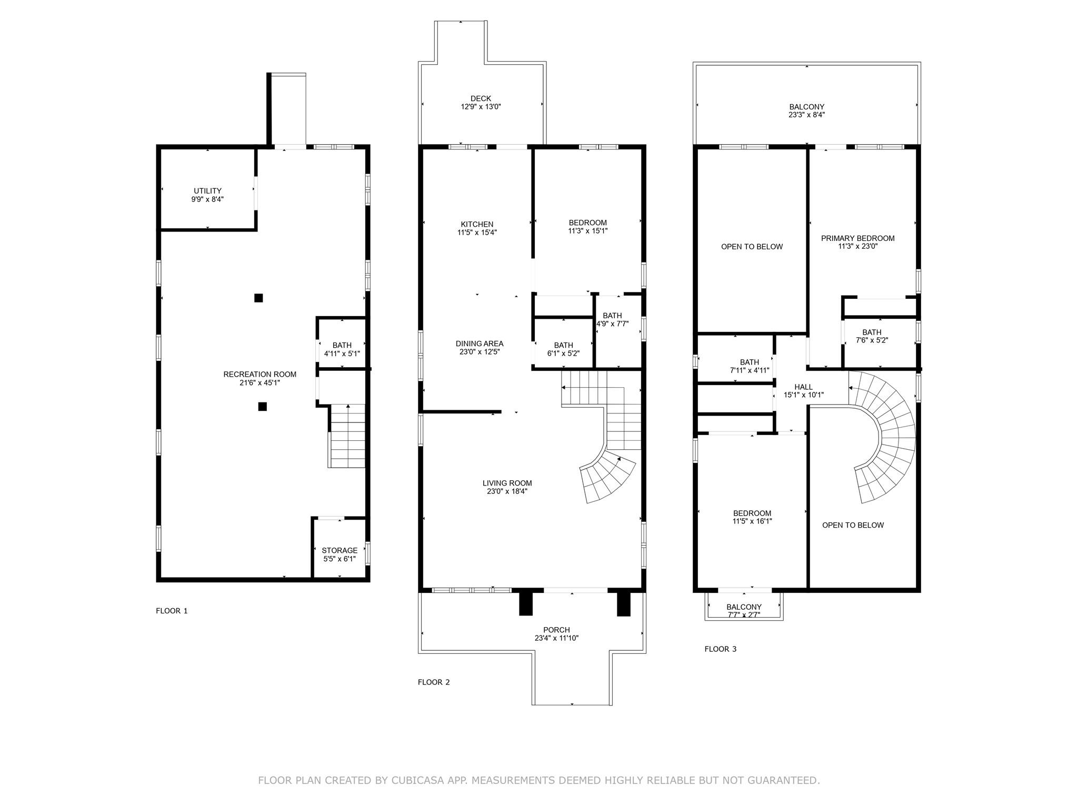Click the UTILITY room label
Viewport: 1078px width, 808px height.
coord(207,191)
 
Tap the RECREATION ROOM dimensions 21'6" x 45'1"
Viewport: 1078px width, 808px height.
coord(259,383)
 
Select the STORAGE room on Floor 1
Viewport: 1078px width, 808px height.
coord(340,550)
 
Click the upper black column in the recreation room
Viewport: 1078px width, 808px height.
coord(258,298)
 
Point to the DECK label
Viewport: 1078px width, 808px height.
coord(481,98)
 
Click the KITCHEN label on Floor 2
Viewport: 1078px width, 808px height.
coord(477,224)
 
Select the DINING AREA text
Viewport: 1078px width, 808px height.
coord(479,344)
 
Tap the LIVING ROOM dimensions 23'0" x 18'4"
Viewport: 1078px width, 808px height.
coord(507,491)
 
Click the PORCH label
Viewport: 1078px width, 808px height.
coord(556,630)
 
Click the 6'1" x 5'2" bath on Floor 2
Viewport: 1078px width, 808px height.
coord(563,349)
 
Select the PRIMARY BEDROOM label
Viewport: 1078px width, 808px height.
coord(857,238)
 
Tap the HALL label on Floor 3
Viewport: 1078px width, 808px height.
coord(803,387)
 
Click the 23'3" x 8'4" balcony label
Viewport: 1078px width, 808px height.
coord(806,115)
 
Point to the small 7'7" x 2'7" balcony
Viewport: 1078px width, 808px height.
coord(744,611)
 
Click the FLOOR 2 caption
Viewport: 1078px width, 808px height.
coord(434,682)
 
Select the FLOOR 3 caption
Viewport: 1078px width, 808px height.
coord(720,649)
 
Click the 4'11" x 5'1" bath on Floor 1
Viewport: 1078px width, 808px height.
coord(342,349)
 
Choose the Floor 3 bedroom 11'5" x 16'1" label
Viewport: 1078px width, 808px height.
coord(752,517)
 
